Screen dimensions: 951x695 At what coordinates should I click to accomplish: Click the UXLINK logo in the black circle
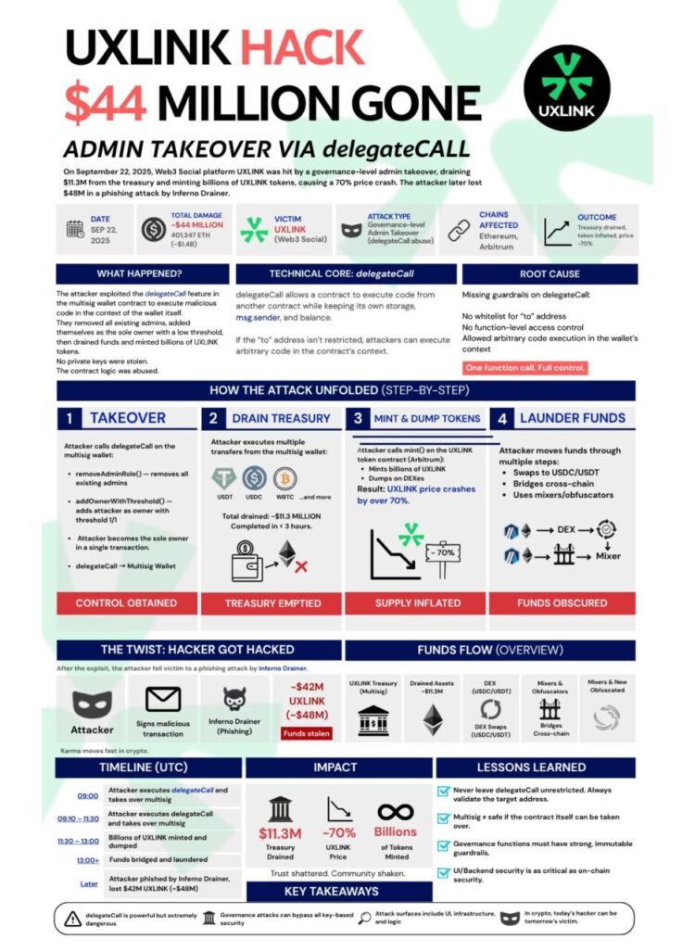(566, 87)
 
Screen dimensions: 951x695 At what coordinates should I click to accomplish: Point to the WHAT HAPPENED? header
(139, 274)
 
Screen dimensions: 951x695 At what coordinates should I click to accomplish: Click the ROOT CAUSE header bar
(550, 274)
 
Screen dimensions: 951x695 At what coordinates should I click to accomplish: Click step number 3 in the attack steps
(358, 418)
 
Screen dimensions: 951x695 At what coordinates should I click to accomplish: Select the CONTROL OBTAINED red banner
(126, 602)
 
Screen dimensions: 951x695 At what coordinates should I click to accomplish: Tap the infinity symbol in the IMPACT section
(395, 811)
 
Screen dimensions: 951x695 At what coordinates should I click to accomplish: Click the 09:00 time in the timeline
(88, 794)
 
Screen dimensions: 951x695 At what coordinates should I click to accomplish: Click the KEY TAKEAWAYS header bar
(332, 891)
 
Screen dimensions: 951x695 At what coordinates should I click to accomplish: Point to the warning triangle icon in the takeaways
(72, 919)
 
